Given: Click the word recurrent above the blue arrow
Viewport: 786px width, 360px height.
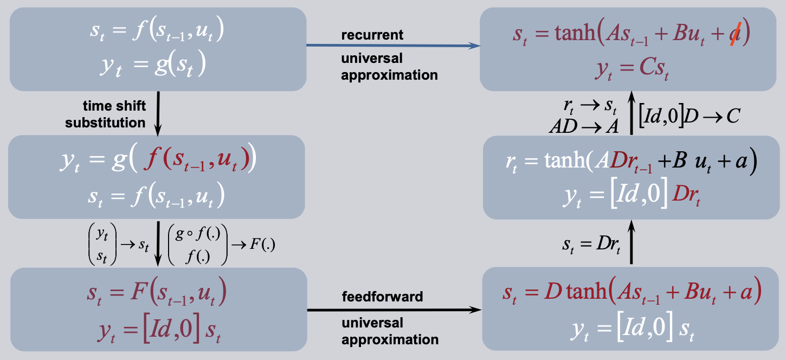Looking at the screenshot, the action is pyautogui.click(x=372, y=35).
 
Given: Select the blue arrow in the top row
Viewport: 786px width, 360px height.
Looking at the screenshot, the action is pyautogui.click(x=394, y=45).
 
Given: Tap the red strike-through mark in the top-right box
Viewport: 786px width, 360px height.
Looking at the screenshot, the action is pyautogui.click(x=736, y=34).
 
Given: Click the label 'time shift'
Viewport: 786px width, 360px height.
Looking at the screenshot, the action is pyautogui.click(x=114, y=106).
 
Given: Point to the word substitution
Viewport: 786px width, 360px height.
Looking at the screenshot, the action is pyautogui.click(x=105, y=123).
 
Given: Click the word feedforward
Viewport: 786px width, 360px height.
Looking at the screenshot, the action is pyautogui.click(x=383, y=297).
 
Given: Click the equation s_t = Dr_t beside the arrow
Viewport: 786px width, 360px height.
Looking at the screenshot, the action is pyautogui.click(x=591, y=245).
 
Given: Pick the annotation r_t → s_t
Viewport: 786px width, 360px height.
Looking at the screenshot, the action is pyautogui.click(x=590, y=106).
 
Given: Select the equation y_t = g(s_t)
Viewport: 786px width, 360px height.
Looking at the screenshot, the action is pyautogui.click(x=153, y=64).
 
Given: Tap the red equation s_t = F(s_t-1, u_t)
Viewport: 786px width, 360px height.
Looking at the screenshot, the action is pyautogui.click(x=157, y=292).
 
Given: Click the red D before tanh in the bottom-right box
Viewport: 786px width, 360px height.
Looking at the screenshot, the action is pyautogui.click(x=553, y=291).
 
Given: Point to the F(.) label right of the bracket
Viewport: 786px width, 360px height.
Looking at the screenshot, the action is pyautogui.click(x=262, y=244).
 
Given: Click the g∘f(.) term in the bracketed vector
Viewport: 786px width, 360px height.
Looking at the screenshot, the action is pyautogui.click(x=197, y=234).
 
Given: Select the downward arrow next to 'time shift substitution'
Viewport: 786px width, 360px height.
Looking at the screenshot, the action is pyautogui.click(x=158, y=114).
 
